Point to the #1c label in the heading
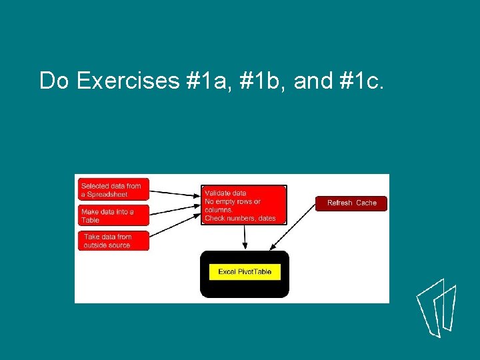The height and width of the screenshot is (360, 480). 361,81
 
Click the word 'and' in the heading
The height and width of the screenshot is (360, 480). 313,81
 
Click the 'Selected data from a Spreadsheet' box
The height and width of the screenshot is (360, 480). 113,190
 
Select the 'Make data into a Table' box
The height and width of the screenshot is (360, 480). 113,215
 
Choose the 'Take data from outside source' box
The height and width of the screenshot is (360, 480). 113,241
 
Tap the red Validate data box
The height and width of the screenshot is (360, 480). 245,205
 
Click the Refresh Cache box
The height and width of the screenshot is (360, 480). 351,203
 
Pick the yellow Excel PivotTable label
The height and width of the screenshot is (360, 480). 245,272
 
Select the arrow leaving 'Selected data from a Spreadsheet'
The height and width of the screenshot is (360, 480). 175,193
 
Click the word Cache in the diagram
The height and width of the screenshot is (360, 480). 366,203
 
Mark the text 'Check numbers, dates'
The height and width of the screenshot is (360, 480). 240,219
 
